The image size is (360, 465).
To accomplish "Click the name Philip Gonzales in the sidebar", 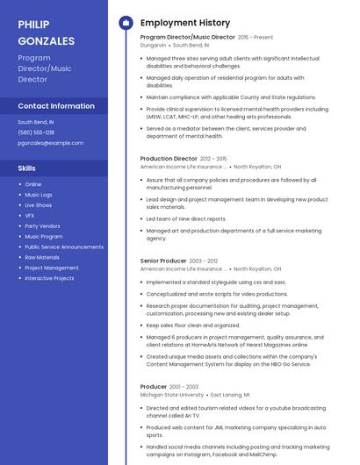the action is pos(47,32).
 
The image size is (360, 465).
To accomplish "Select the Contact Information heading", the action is pos(56,106).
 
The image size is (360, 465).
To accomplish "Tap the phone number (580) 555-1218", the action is pos(36,132).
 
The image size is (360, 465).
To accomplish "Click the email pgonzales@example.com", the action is pos(51,143).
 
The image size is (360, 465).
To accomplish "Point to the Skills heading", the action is pos(27,168).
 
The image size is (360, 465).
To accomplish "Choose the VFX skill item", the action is pos(30,215).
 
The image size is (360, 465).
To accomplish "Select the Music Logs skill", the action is pos(39,195).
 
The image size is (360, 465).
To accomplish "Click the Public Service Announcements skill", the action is pos(64,247).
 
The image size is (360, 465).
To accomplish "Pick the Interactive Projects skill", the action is pos(49,278).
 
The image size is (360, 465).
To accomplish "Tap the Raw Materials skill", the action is pos(42,257).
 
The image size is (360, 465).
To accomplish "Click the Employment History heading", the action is pos(185,23).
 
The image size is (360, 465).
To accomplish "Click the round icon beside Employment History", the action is pos(125,23).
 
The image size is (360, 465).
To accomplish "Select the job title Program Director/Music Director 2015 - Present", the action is pos(206,38).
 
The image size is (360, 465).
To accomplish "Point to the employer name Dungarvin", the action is pos(153,45).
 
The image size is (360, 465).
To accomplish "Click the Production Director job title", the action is pos(169,159).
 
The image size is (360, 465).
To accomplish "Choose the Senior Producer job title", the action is pos(163,261).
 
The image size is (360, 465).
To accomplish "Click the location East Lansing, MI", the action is pos(230,395).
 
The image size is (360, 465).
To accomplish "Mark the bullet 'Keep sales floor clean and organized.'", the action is pos(194,325).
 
